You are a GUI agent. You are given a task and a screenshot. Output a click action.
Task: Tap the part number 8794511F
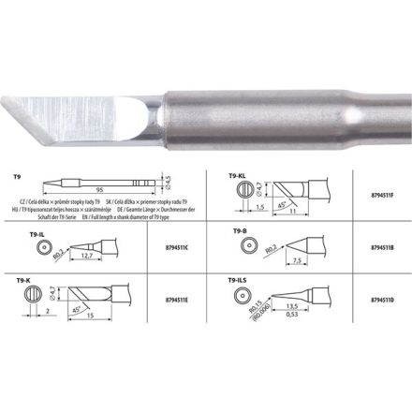[x=375, y=195]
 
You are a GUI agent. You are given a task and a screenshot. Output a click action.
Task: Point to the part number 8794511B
[x=375, y=249]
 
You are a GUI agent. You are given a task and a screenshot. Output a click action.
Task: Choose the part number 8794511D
[x=375, y=302]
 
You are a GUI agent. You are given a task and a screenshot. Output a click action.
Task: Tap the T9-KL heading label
[x=236, y=175]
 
